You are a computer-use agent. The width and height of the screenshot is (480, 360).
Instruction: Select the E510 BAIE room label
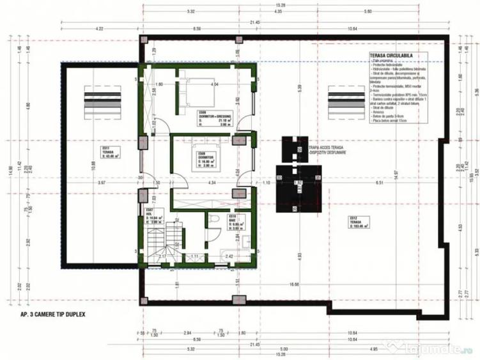tap(235, 221)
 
